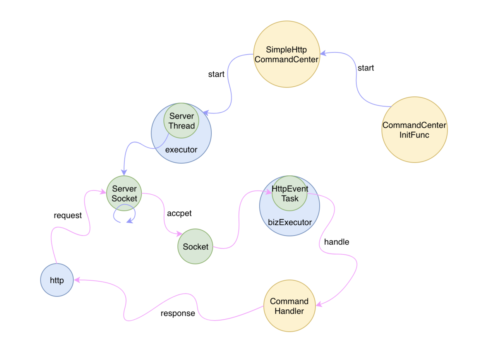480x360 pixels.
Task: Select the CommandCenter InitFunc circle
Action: pyautogui.click(x=414, y=130)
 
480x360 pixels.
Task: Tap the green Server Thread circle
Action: pyautogui.click(x=181, y=121)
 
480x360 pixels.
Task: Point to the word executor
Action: pyautogui.click(x=181, y=149)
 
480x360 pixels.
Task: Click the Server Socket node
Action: pyautogui.click(x=124, y=194)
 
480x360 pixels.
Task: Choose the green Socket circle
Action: pyautogui.click(x=195, y=247)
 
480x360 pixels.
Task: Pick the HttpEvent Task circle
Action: pyautogui.click(x=290, y=194)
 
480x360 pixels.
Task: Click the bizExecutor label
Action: pyautogui.click(x=290, y=223)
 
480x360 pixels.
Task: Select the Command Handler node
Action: pyautogui.click(x=289, y=306)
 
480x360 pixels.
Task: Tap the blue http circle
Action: pyautogui.click(x=57, y=280)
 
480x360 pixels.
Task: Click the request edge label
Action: pyautogui.click(x=68, y=216)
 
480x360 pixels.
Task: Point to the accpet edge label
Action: pyautogui.click(x=179, y=213)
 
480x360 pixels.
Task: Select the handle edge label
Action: pyautogui.click(x=336, y=242)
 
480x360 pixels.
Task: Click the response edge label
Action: pyautogui.click(x=178, y=313)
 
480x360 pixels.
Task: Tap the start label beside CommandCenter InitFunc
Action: pyautogui.click(x=366, y=68)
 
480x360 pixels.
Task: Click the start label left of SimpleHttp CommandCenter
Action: pyautogui.click(x=216, y=74)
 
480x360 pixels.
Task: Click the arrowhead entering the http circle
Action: pyautogui.click(x=77, y=280)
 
